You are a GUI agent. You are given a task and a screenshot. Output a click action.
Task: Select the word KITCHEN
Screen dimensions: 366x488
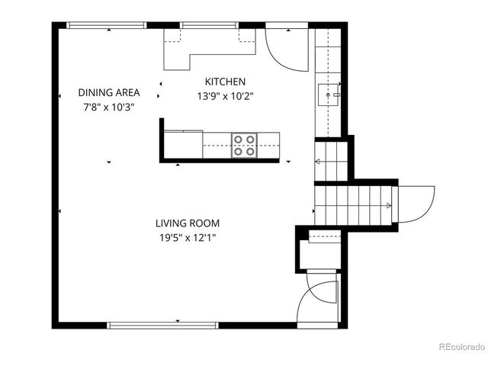coord(225,82)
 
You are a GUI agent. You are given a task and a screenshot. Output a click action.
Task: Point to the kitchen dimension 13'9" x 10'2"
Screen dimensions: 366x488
coord(225,96)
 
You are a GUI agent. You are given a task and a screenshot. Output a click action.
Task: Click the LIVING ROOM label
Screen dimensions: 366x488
coord(188,223)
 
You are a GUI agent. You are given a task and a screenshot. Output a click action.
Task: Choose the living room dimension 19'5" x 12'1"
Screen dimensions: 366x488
coord(188,238)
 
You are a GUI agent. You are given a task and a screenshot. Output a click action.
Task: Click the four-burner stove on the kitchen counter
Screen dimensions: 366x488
coord(245,145)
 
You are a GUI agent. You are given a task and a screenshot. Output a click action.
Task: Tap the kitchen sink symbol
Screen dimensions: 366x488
coord(329,95)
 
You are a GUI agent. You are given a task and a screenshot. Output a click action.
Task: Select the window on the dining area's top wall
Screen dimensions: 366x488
coord(106,25)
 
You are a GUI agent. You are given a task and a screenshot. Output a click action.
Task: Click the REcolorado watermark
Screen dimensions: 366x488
coord(461,348)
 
